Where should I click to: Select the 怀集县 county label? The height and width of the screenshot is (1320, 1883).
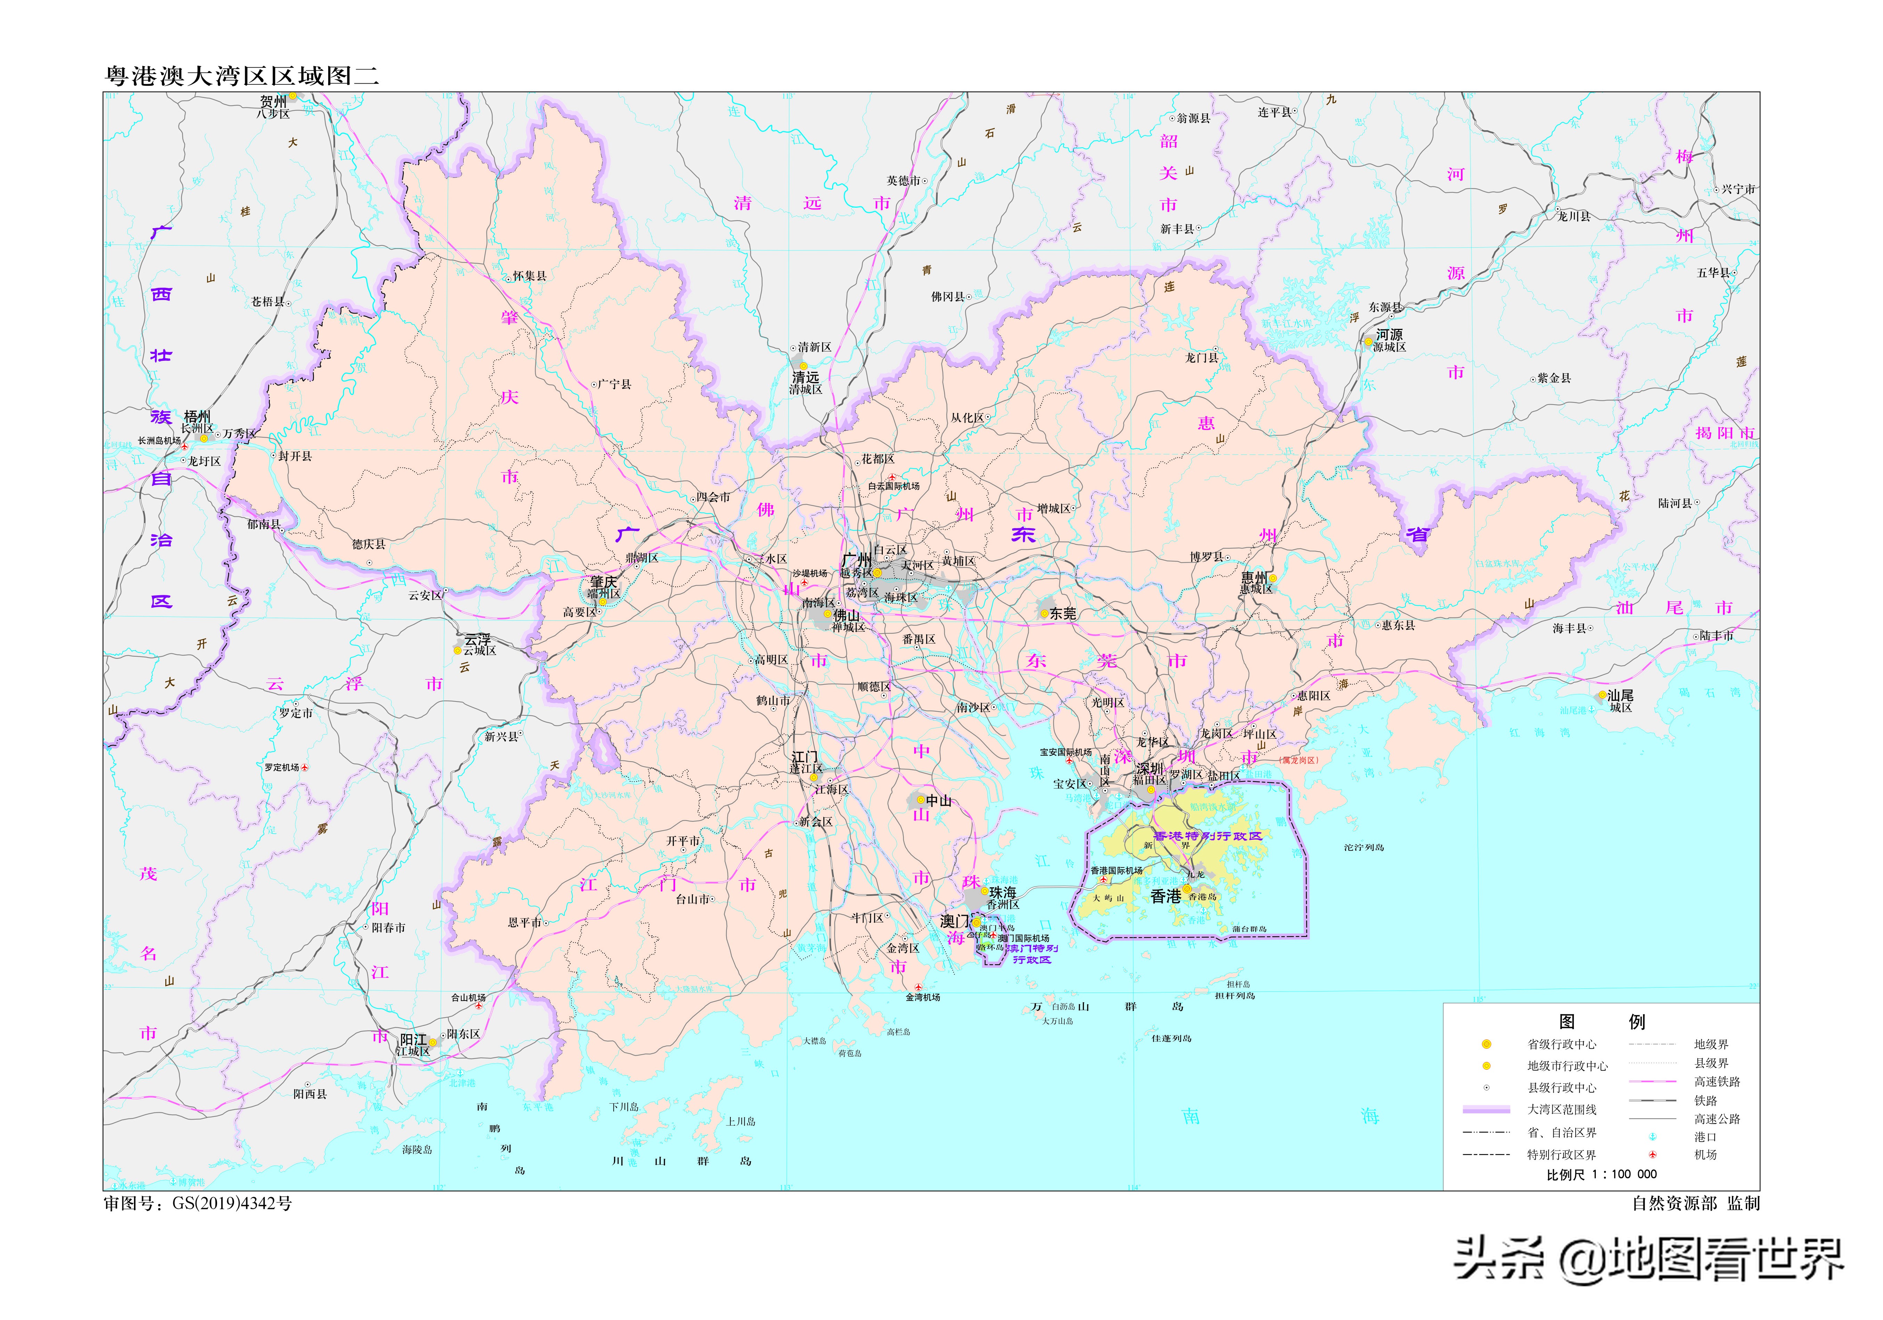(x=529, y=276)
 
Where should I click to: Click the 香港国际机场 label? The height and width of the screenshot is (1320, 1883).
(x=1116, y=871)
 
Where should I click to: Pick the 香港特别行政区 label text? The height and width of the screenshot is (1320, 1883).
(x=1207, y=836)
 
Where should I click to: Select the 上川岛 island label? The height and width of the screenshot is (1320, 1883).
(x=740, y=1122)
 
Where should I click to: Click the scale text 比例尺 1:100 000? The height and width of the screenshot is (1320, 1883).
(x=1601, y=1175)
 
